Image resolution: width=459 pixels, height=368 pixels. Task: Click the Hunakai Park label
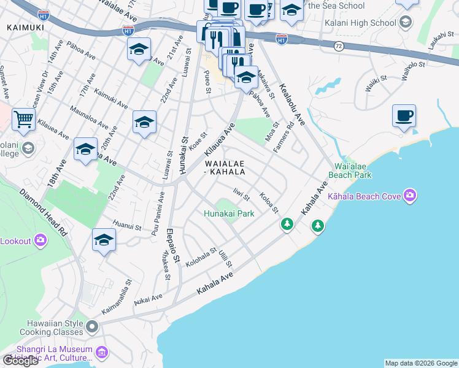tap(229, 214)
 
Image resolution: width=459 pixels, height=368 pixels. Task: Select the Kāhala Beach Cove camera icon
tap(410, 196)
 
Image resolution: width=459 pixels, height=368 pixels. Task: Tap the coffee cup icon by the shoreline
tap(404, 115)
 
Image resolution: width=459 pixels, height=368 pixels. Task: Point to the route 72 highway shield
tap(339, 46)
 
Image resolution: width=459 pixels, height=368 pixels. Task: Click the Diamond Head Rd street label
tap(43, 212)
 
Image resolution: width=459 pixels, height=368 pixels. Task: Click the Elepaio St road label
tap(173, 247)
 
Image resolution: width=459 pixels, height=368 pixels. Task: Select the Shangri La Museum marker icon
tap(102, 352)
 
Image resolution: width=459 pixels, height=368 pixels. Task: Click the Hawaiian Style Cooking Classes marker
tap(92, 326)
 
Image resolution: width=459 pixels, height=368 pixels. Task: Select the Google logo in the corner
tap(20, 361)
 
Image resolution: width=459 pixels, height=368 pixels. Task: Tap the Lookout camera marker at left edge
tap(40, 240)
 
